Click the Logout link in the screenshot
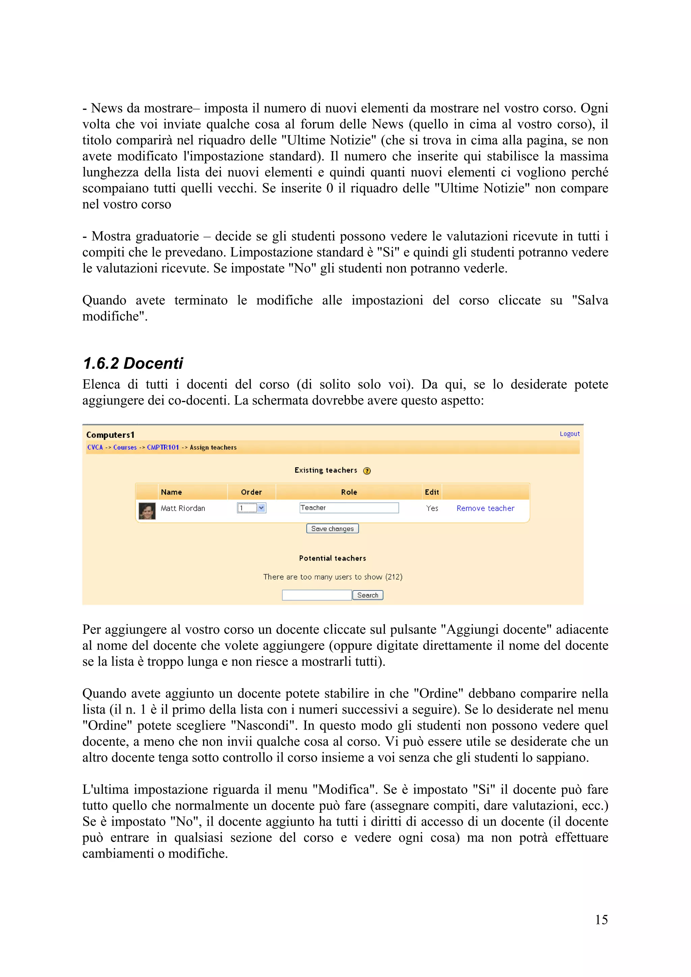pyautogui.click(x=569, y=434)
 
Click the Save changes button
pyautogui.click(x=333, y=529)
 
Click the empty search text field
pyautogui.click(x=316, y=595)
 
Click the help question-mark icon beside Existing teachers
pyautogui.click(x=367, y=471)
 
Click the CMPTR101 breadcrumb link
pyautogui.click(x=163, y=447)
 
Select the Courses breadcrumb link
pyautogui.click(x=125, y=447)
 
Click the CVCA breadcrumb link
pyautogui.click(x=95, y=447)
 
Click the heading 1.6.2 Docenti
pyautogui.click(x=133, y=363)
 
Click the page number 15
pyautogui.click(x=601, y=920)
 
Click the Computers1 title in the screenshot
pyautogui.click(x=110, y=435)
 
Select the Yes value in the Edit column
pyautogui.click(x=432, y=508)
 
